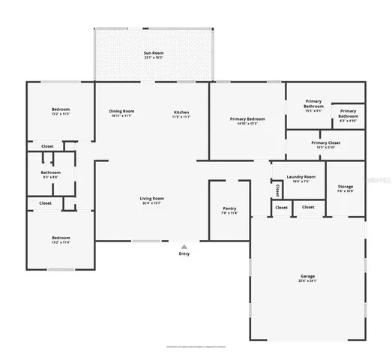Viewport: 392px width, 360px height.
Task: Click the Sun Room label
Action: (x=153, y=54)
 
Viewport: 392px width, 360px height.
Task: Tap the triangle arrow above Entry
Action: (x=184, y=246)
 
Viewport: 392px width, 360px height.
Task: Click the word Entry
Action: (x=184, y=253)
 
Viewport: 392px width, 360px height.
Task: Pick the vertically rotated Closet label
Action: (x=278, y=190)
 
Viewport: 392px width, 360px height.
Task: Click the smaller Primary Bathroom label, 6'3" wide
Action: (x=348, y=115)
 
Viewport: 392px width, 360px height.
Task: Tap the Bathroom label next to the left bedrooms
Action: (x=51, y=174)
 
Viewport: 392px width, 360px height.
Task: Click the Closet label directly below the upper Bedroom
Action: (x=46, y=146)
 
